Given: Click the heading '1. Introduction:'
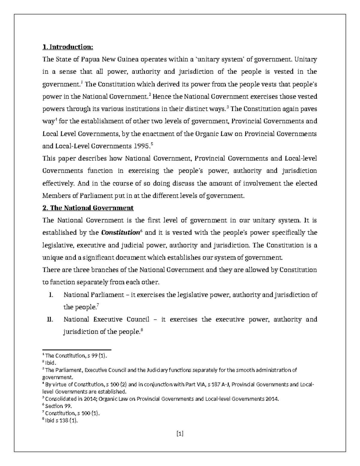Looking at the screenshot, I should pos(68,47).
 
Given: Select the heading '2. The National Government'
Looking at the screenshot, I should pos(88,208).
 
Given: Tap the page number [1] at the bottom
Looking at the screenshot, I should pos(180,433).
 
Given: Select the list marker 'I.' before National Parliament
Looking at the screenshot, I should pos(51,295).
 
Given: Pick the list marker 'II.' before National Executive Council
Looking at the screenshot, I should pos(50,320).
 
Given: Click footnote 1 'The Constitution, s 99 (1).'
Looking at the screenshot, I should pos(75,356).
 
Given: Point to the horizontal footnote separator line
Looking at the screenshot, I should pos(77,350).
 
